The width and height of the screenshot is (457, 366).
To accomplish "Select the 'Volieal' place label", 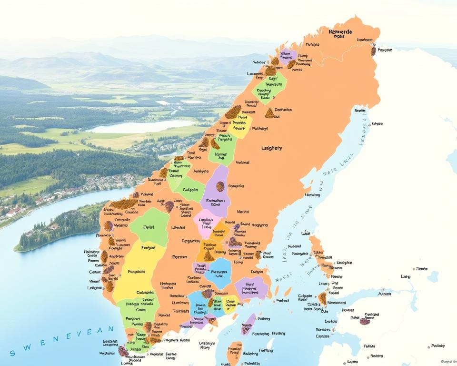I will [x=243, y=162].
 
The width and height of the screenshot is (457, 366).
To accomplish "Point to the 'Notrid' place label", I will [x=243, y=212].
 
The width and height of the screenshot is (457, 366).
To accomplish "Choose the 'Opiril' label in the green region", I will [x=149, y=227].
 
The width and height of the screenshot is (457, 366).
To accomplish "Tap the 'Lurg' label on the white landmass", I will [x=406, y=276].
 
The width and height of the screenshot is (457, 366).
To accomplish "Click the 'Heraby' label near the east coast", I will [x=312, y=195].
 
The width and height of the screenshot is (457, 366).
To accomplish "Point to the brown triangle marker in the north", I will [x=269, y=113].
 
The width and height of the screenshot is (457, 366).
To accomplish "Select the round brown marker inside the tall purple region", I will [x=220, y=186].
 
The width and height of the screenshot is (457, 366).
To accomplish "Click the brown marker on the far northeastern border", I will [x=374, y=51].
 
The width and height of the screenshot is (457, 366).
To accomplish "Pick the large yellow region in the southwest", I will [x=138, y=272].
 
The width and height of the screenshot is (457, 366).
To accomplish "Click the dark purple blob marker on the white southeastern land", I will [x=365, y=321].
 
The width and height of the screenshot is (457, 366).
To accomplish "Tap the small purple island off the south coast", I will [x=248, y=324].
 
